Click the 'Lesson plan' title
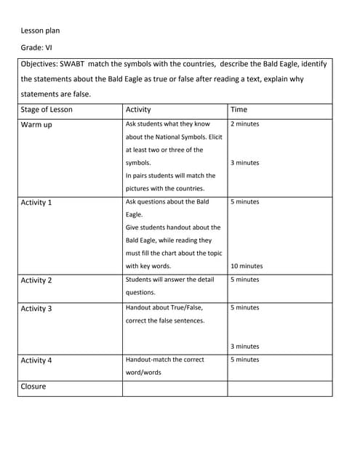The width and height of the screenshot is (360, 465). point(40,31)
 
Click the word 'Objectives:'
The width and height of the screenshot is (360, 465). point(39,64)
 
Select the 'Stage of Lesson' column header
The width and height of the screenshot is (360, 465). point(47,110)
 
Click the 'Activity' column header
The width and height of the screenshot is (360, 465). point(138,110)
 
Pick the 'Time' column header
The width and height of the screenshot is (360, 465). point(239,110)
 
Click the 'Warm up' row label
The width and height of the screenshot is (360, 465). point(36,125)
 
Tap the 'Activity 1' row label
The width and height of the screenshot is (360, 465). point(36,203)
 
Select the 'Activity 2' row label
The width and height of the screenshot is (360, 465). point(36,280)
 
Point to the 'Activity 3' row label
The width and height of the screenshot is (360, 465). point(36,309)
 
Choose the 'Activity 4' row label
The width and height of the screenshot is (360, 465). point(36,360)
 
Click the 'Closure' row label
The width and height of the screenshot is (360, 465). point(33,387)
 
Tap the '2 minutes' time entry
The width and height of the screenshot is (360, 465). point(244,124)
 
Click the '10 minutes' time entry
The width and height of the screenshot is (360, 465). point(247,267)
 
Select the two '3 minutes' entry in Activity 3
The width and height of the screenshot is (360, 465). point(244,347)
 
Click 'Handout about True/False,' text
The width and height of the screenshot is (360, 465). point(164,308)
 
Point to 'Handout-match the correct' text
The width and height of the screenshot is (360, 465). point(165,360)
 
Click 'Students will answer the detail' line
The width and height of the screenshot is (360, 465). point(170,280)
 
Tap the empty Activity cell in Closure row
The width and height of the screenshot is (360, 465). point(175,387)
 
